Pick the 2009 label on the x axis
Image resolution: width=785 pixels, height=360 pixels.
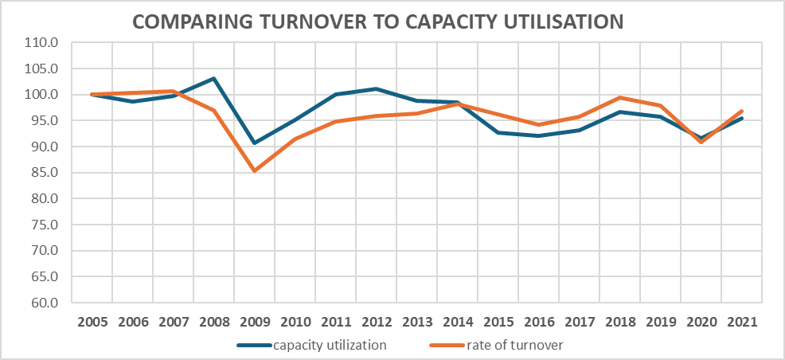click(x=254, y=323)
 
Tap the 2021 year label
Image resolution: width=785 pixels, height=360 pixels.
click(x=741, y=323)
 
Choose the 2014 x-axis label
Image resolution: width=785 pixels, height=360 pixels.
click(x=457, y=323)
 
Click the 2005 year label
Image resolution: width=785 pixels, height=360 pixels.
click(x=92, y=323)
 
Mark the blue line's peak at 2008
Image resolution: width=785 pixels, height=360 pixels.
click(x=213, y=79)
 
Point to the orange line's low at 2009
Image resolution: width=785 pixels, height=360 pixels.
click(x=254, y=170)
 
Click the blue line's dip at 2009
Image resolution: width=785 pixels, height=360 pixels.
click(x=254, y=143)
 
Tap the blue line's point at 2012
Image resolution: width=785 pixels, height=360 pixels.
click(x=376, y=88)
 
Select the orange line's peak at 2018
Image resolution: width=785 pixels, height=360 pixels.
click(x=619, y=98)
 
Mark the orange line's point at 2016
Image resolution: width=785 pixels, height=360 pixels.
click(x=538, y=124)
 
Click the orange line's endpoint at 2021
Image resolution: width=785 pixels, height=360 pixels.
click(x=741, y=112)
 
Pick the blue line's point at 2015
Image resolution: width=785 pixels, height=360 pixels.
click(x=498, y=132)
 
